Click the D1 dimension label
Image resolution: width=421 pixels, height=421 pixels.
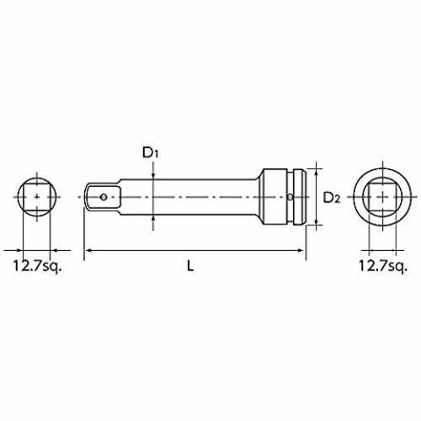pos(151,153)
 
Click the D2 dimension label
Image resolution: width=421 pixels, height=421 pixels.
pos(332,198)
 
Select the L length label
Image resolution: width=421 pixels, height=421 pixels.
pos(190,265)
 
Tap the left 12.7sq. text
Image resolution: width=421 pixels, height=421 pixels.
pos(37,266)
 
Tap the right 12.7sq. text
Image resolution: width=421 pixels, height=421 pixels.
pos(383,266)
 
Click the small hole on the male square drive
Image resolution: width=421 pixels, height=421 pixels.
pos(104,197)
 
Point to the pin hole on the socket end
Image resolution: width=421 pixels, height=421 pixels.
pos(290,197)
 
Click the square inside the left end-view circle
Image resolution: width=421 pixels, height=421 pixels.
pos(37,197)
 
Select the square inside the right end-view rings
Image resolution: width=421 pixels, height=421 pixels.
pos(383,197)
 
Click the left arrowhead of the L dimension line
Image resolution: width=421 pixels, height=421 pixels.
pos(88,250)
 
